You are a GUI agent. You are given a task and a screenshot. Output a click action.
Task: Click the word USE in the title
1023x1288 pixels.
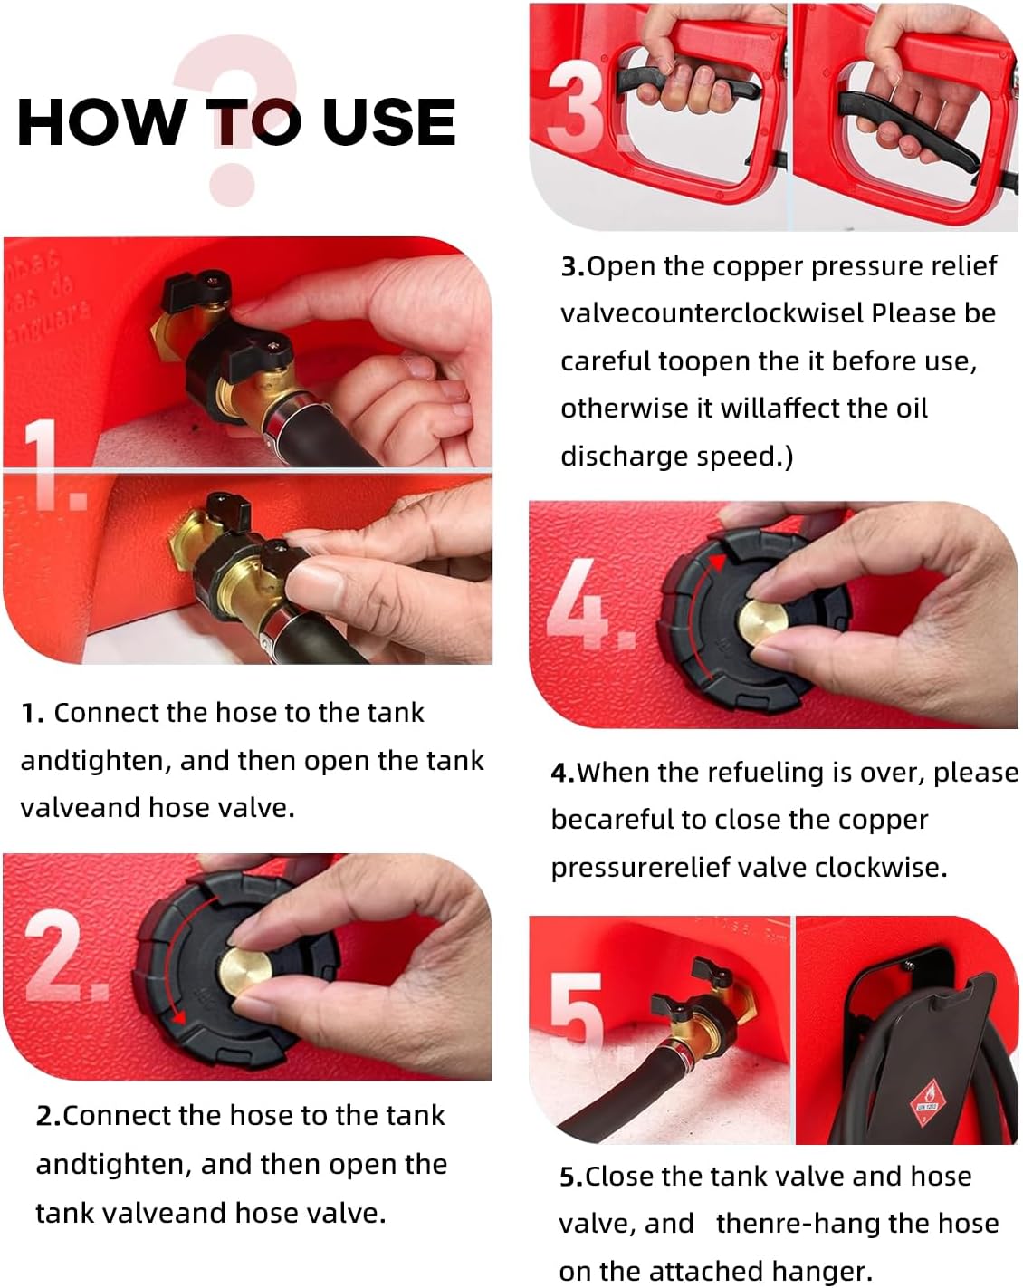click(389, 122)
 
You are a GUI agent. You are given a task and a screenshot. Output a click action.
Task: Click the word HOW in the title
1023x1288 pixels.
click(100, 122)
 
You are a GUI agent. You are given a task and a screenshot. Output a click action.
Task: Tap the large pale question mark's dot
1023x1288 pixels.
click(233, 184)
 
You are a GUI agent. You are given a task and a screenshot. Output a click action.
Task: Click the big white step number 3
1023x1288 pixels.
click(578, 105)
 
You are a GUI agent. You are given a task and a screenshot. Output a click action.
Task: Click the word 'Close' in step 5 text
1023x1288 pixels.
click(620, 1177)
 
